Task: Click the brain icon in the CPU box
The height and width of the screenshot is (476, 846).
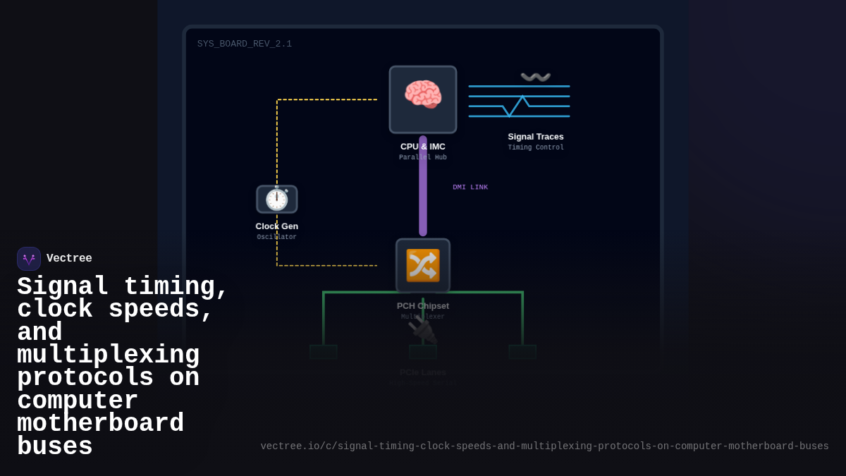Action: point(423,95)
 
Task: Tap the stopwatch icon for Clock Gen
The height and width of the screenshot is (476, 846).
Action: point(276,200)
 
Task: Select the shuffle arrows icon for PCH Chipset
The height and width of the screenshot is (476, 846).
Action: point(423,265)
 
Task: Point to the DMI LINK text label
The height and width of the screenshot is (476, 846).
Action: point(470,188)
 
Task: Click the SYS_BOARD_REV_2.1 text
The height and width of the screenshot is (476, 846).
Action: point(245,44)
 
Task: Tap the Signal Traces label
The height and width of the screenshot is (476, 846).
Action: point(536,137)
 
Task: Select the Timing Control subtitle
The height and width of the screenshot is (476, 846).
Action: point(536,148)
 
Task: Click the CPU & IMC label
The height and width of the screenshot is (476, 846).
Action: point(423,147)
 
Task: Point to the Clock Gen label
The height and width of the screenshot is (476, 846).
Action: point(276,226)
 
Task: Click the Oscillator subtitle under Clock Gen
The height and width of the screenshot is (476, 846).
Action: point(276,238)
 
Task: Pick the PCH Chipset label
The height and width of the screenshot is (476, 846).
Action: point(423,306)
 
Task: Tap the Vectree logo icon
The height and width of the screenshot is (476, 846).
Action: point(29,259)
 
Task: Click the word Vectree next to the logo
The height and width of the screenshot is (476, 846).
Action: point(69,259)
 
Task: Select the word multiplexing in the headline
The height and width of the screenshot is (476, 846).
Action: point(109,355)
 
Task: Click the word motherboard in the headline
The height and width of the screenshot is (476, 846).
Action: point(100,424)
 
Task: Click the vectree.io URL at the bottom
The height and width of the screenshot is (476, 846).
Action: point(544,446)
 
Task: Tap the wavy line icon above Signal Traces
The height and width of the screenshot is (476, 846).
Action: point(536,77)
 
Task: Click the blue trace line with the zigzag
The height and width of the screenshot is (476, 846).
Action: point(520,106)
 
